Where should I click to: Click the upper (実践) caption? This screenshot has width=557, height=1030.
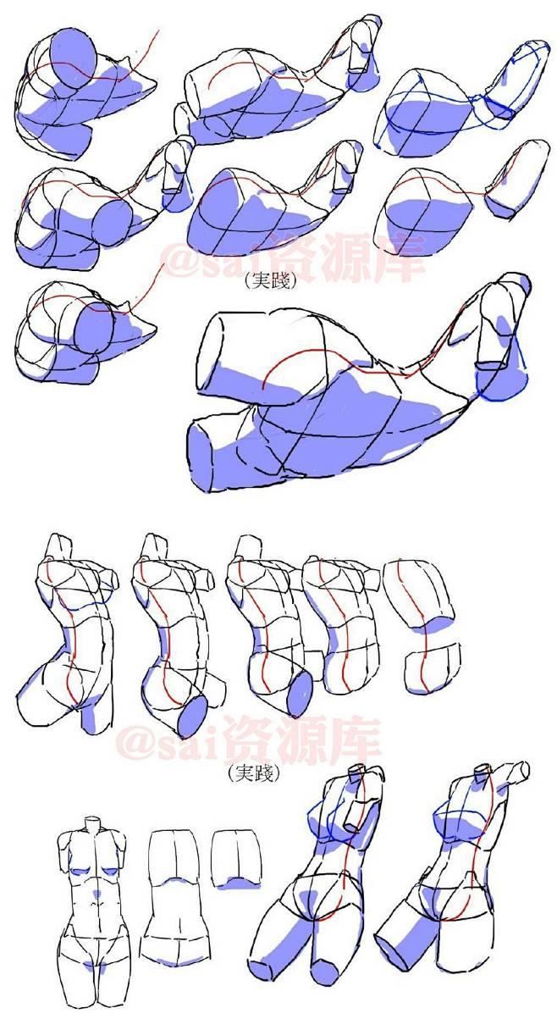coord(269,280)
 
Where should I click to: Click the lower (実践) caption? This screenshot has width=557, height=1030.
coord(254,773)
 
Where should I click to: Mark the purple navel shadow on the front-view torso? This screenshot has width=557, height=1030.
coord(97,894)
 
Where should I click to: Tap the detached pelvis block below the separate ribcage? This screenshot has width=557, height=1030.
coord(432,668)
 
